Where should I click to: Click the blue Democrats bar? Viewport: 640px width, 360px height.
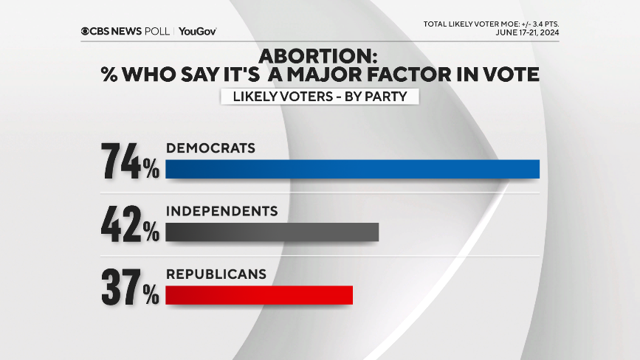click(x=352, y=169)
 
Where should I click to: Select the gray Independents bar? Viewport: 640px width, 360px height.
click(x=272, y=232)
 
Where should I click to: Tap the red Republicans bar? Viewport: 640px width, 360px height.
click(x=259, y=295)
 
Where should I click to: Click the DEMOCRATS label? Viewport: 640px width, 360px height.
click(x=210, y=148)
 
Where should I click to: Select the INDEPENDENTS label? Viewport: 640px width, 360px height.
click(x=221, y=211)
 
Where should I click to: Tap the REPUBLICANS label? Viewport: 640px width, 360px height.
click(x=216, y=274)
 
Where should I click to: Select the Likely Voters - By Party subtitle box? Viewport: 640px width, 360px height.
click(x=320, y=97)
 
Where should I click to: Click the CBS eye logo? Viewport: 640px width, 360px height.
click(x=86, y=31)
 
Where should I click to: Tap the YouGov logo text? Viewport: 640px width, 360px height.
click(x=197, y=31)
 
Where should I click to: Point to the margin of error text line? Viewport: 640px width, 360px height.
click(x=496, y=24)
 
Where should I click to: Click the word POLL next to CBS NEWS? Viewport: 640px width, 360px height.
click(x=156, y=31)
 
